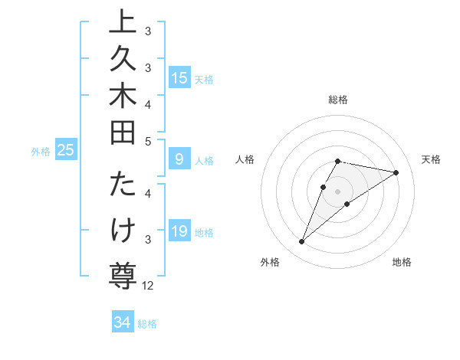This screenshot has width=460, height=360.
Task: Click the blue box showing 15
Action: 179,77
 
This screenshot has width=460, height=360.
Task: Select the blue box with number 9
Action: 179,159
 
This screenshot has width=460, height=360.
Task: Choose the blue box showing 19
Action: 179,231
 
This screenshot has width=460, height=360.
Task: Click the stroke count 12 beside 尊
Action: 148,286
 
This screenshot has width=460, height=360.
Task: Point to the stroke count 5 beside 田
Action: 148,141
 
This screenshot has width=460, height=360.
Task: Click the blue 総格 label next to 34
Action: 147,324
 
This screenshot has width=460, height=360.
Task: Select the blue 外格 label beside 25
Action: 41,152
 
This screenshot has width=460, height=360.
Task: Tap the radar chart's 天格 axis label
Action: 431,159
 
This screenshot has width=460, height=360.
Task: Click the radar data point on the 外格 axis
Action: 301,242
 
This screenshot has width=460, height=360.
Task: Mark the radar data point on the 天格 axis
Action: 396,172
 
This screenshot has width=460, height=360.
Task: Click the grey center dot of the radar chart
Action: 337,191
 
